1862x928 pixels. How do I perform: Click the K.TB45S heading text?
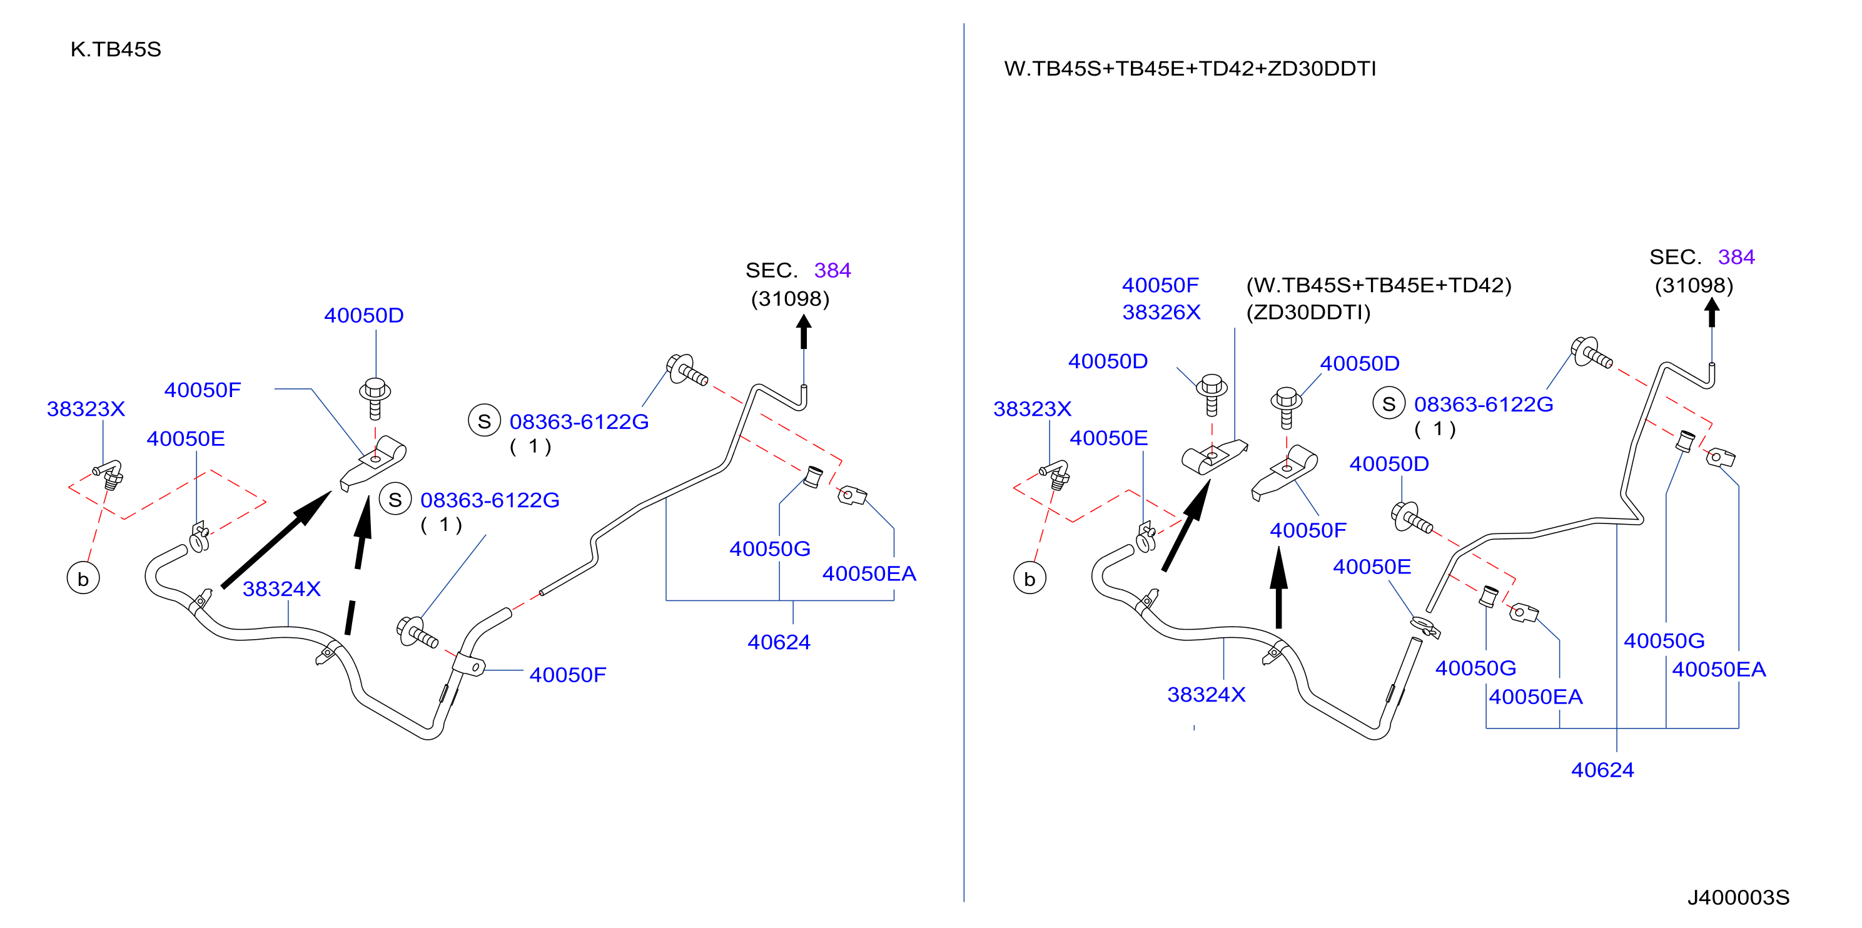(116, 49)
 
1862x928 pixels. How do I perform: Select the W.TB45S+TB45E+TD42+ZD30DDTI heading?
(1190, 69)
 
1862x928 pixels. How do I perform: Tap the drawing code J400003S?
(1738, 897)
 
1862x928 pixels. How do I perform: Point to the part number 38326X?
(1161, 312)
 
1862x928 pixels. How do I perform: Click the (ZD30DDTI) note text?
(1308, 312)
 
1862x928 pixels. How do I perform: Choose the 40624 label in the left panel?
(779, 642)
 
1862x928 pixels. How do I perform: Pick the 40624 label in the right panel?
(1602, 770)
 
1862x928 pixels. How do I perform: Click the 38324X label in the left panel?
(281, 589)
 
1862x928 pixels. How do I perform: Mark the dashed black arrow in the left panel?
(358, 565)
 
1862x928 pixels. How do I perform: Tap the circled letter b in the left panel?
(83, 579)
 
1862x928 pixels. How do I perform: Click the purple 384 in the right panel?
(1736, 256)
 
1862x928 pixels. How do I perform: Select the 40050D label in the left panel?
(363, 315)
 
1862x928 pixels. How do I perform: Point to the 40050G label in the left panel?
(770, 548)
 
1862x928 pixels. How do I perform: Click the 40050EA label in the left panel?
(869, 573)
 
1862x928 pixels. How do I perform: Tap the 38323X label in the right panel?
(1032, 409)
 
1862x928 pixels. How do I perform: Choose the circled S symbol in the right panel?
(1389, 404)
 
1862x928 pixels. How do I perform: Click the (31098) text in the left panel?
(790, 298)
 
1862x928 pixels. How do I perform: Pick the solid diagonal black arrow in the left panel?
(276, 539)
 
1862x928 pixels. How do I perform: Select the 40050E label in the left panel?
(186, 439)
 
